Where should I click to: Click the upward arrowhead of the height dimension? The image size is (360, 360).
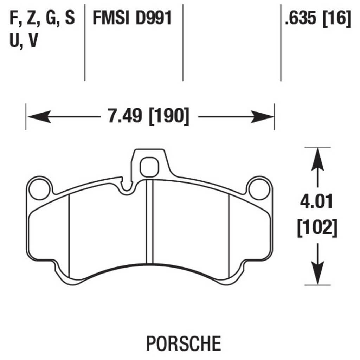point(318,158)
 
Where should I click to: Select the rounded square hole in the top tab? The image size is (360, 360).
point(149,167)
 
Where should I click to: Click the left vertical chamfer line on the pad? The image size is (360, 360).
point(69,236)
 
